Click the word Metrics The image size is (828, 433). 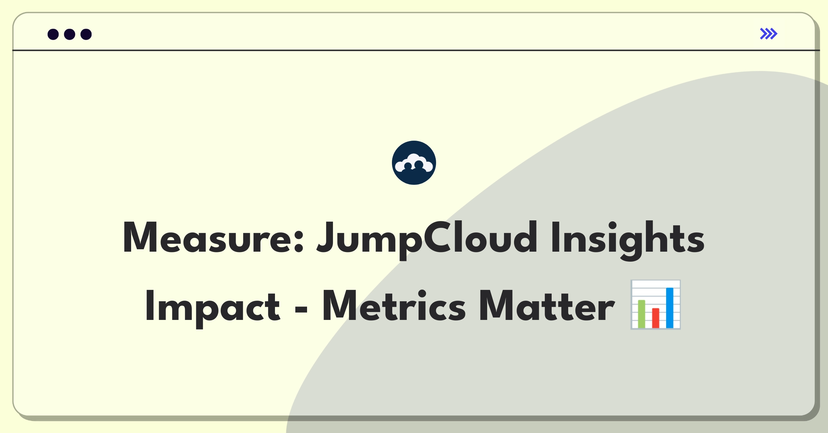tap(394, 306)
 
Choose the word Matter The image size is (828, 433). tap(547, 306)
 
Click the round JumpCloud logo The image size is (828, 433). tap(414, 163)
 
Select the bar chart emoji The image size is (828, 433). tap(655, 305)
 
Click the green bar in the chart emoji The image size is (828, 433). tap(641, 314)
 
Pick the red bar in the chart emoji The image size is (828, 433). tap(655, 318)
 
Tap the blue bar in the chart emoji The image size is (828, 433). tap(670, 308)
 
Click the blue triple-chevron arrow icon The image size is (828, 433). tap(769, 34)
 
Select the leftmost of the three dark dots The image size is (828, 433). tap(53, 34)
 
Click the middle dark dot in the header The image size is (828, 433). tap(70, 34)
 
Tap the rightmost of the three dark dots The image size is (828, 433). tap(86, 34)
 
